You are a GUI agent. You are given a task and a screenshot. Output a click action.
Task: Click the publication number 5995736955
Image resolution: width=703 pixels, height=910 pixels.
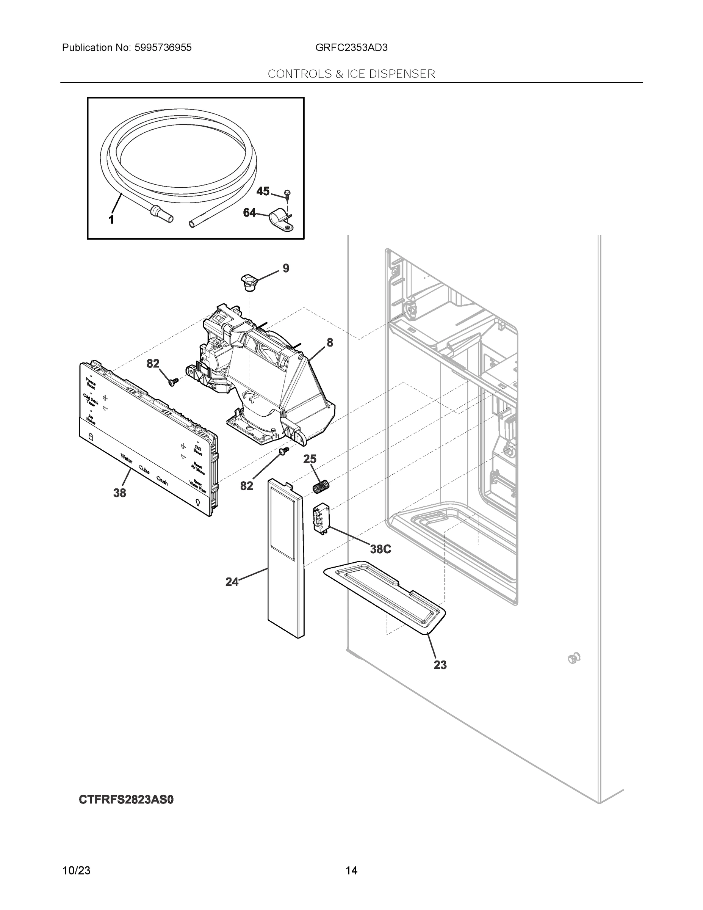coord(163,47)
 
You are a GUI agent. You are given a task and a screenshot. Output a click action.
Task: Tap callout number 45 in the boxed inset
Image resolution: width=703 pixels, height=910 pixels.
coord(262,191)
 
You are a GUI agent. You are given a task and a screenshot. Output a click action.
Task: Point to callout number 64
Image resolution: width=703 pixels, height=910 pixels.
coord(249,213)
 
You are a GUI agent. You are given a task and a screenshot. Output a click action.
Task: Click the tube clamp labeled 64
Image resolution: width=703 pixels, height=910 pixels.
coord(281,221)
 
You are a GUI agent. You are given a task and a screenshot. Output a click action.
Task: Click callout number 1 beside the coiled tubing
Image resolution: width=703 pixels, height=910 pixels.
coord(111,220)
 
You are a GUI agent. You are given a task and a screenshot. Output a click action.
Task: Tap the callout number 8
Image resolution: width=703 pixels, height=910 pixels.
coord(330,342)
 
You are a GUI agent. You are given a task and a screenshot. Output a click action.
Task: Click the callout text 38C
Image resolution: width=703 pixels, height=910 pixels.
coord(380,549)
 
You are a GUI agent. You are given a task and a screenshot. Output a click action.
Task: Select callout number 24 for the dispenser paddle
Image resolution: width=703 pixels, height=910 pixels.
coord(232,582)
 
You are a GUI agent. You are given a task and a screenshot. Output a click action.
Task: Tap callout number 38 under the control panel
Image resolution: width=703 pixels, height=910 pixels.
coord(119,493)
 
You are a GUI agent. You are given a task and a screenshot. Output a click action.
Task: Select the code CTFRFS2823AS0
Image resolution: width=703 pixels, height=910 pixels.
coord(126,800)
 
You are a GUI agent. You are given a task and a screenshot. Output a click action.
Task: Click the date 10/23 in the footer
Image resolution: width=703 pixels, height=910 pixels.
coord(76,871)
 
